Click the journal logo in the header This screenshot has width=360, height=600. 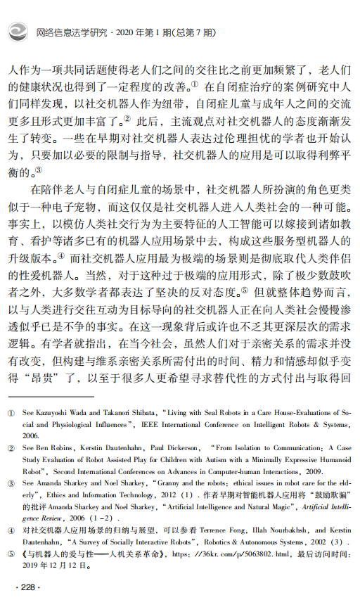(18, 32)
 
